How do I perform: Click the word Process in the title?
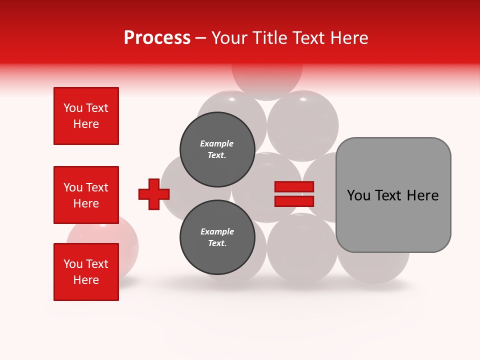[x=157, y=37]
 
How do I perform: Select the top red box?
[x=86, y=116]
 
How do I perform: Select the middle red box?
[x=86, y=195]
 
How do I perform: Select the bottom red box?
[x=86, y=271]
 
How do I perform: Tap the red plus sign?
[x=154, y=194]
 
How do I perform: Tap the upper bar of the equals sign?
[x=294, y=187]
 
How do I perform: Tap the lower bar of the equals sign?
[x=294, y=201]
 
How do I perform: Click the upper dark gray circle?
[x=217, y=149]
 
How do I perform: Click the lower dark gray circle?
[x=217, y=237]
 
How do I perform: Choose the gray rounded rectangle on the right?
[x=393, y=194]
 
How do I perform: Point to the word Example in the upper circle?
[x=217, y=143]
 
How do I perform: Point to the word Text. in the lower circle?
[x=217, y=243]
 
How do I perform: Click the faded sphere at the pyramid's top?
[x=267, y=80]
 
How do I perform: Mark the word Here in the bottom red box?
[x=86, y=280]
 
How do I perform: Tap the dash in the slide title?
[x=201, y=38]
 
